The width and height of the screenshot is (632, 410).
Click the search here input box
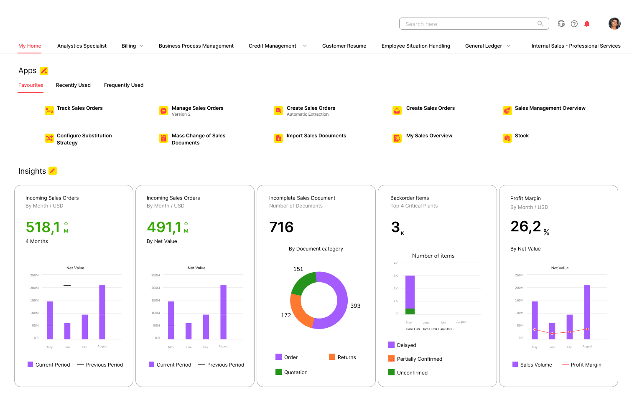468,24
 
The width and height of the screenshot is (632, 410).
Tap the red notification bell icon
586,24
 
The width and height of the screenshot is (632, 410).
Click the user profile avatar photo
614,24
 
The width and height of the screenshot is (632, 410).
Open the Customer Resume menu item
344,46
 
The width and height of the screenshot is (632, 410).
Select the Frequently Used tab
124,85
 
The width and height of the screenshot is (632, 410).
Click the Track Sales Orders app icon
49,111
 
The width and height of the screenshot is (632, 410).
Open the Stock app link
522,136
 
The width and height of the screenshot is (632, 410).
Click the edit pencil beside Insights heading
53,171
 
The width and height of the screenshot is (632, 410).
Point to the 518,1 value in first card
43,227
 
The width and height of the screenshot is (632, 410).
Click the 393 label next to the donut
355,306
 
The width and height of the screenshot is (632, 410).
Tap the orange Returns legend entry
343,357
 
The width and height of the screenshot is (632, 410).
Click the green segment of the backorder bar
410,311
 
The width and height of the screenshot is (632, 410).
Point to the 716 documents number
281,227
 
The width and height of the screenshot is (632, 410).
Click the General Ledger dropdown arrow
508,46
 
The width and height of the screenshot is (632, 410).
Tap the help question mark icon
574,24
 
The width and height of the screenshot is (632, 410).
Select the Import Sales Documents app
316,136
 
